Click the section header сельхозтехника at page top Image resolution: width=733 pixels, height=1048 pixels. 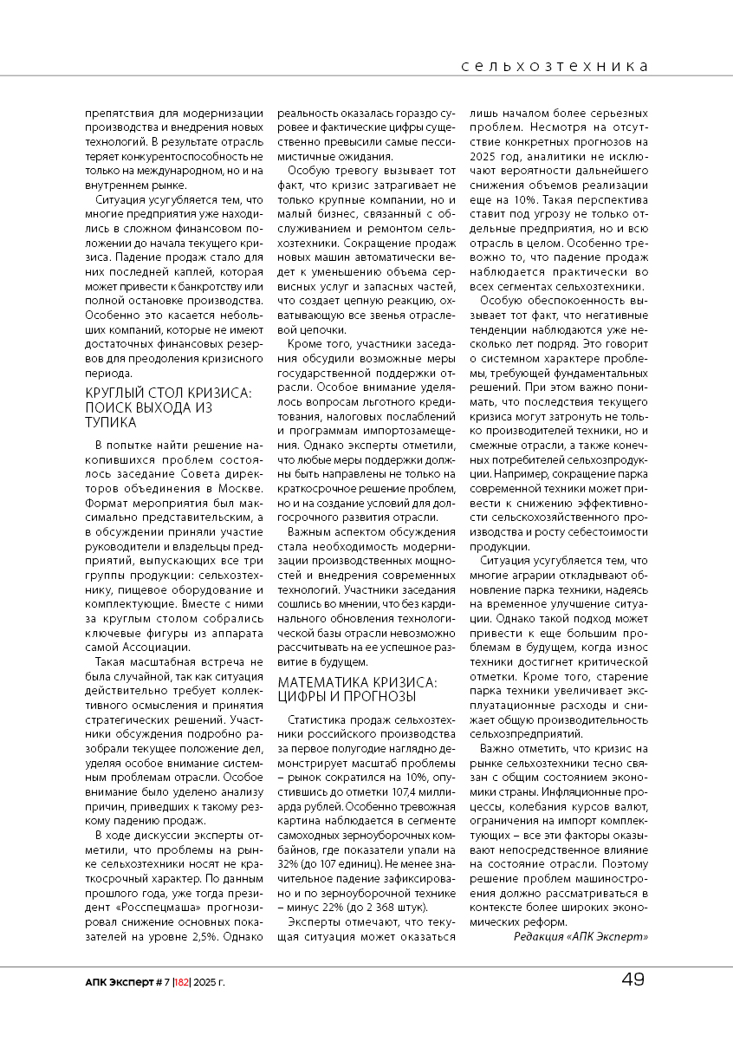[x=555, y=66]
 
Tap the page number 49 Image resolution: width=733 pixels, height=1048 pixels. [x=632, y=980]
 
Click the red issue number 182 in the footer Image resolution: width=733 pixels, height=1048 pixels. [x=181, y=981]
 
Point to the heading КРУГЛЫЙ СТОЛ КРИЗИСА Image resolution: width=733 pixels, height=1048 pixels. [x=168, y=393]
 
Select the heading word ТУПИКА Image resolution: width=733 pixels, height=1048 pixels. [x=110, y=422]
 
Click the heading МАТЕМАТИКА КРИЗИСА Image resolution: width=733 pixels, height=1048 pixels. [x=357, y=682]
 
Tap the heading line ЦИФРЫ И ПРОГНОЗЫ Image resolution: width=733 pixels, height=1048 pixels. [x=347, y=697]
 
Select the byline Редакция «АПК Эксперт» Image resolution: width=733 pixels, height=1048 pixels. [x=581, y=936]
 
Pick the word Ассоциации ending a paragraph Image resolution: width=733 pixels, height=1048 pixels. [x=152, y=648]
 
